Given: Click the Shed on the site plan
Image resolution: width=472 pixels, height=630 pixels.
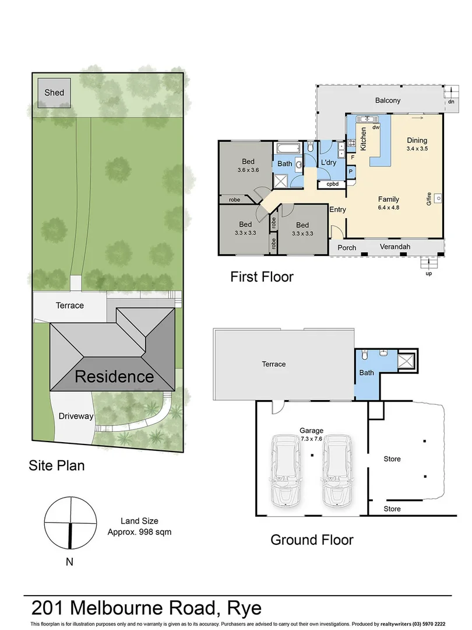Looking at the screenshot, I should (x=54, y=93).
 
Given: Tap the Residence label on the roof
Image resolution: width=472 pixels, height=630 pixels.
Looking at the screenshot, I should (x=114, y=376).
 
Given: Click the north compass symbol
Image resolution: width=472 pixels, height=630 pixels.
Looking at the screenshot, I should (x=70, y=521).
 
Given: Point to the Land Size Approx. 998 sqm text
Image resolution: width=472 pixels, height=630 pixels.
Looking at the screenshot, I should (x=139, y=526).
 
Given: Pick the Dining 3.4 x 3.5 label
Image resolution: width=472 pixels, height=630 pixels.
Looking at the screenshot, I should (x=417, y=144).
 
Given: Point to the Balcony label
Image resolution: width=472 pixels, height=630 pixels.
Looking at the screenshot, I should (x=388, y=100).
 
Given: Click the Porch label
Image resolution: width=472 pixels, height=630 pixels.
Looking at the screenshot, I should (x=347, y=247).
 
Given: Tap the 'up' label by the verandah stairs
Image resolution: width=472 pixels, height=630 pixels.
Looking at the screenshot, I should (x=429, y=273).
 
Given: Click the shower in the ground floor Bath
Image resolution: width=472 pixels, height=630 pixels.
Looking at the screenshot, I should (x=406, y=360).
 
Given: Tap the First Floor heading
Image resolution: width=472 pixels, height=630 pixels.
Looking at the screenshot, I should (x=262, y=276).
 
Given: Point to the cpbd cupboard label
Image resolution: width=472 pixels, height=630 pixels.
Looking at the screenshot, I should (x=333, y=184).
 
